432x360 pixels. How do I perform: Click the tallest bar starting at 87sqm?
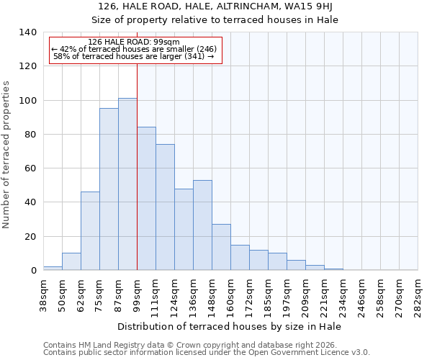127,184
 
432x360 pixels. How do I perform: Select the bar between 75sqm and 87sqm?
109,189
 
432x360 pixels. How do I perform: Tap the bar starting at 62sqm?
90,231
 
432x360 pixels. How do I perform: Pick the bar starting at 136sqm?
202,225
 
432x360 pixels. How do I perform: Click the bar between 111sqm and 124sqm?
165,207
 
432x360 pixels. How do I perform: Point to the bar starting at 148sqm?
221,247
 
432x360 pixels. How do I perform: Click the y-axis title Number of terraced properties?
6,155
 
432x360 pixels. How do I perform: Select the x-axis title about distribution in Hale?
229,326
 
